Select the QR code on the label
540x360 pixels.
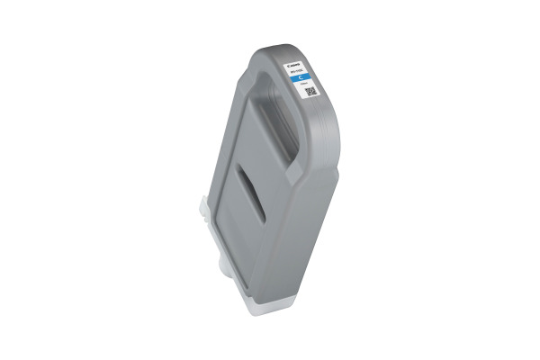(311, 92)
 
